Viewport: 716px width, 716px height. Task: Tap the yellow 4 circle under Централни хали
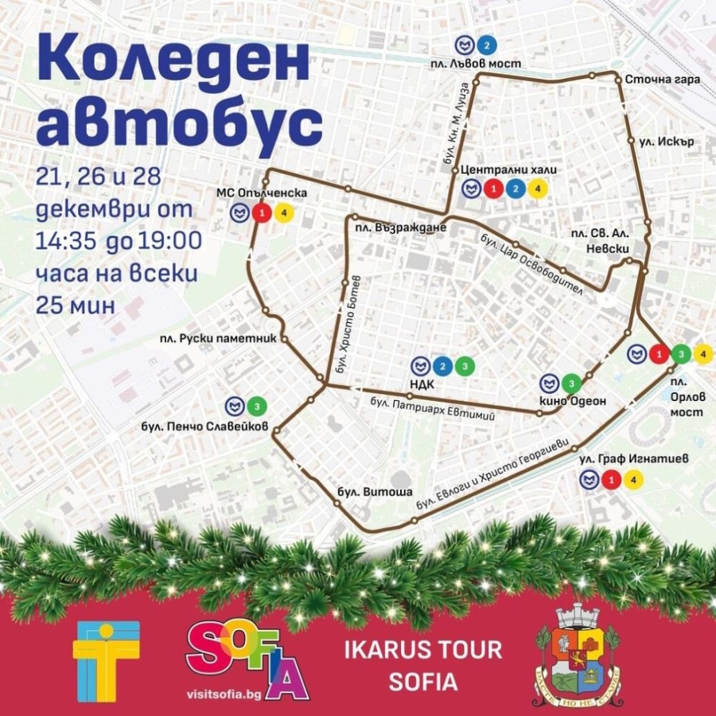coord(538,189)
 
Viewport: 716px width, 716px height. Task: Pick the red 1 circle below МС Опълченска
coord(260,212)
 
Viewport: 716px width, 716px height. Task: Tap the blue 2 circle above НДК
coord(443,366)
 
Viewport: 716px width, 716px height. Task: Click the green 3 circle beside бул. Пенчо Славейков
coord(257,407)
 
